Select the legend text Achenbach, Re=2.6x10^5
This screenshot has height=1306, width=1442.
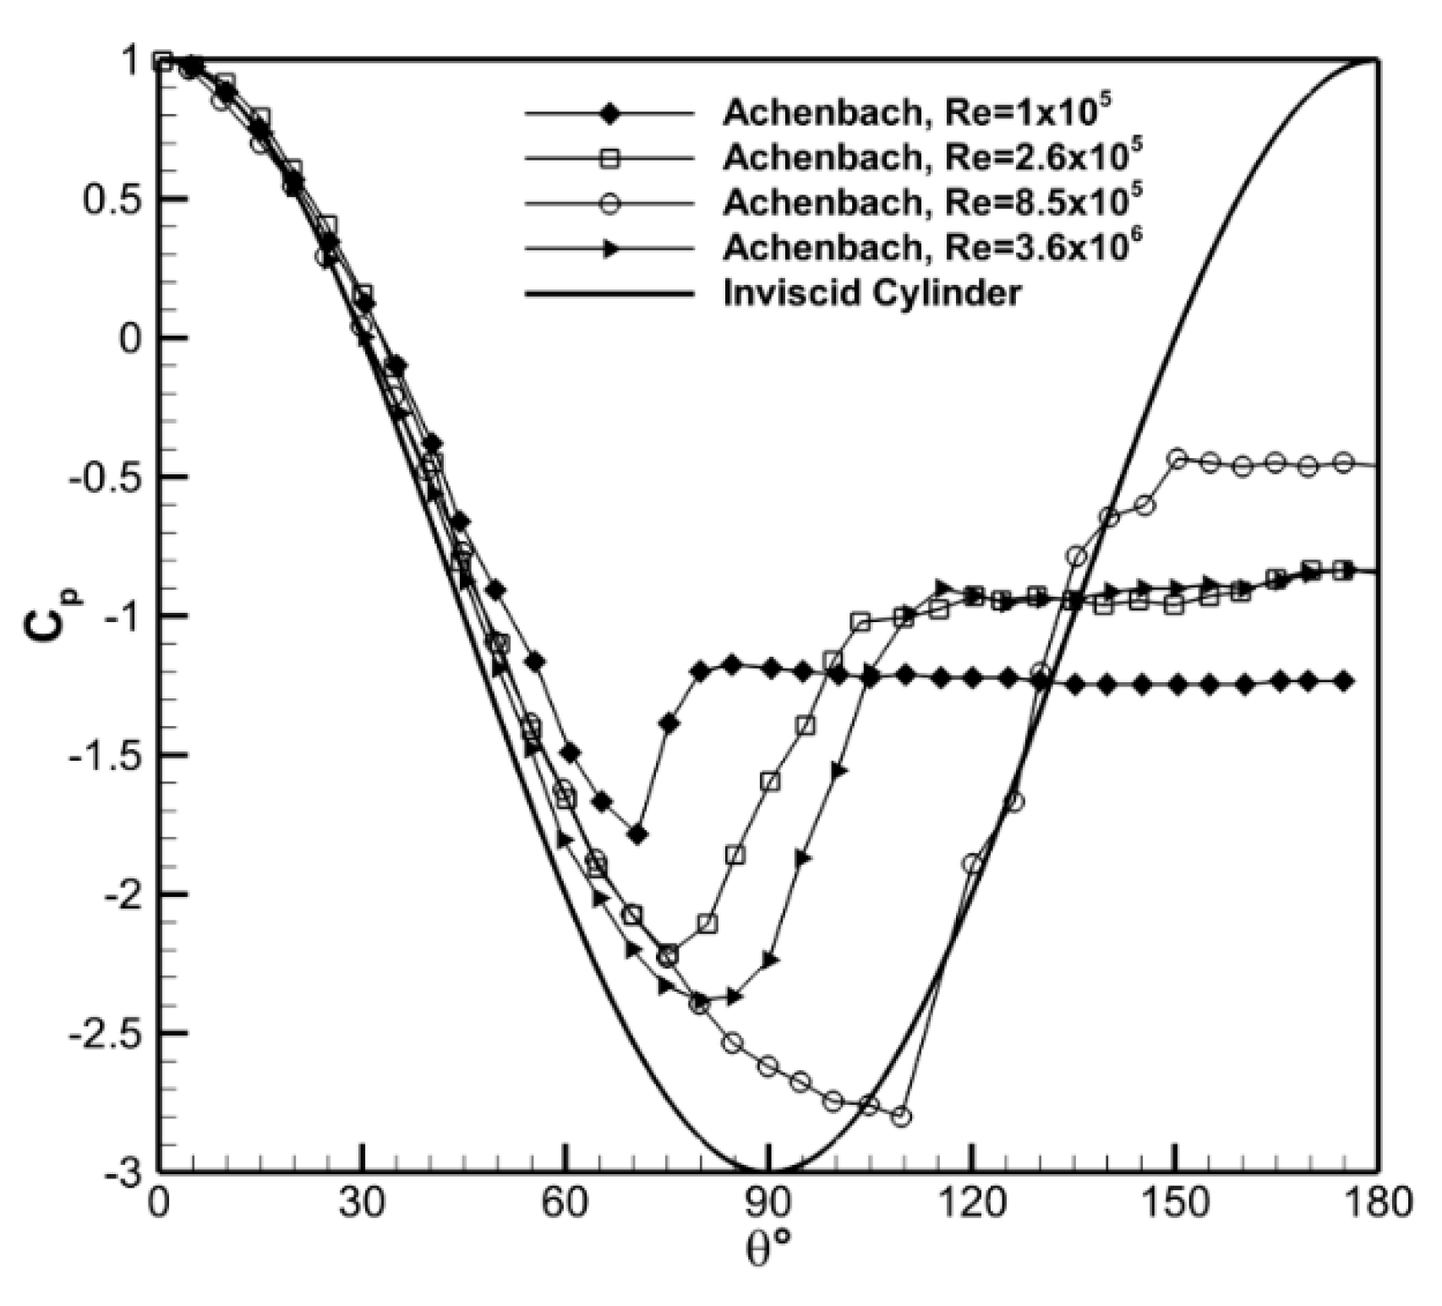point(933,157)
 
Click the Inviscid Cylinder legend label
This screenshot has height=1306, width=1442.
point(871,293)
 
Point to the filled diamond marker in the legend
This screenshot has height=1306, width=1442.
point(610,112)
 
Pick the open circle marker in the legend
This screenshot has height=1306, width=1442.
point(610,203)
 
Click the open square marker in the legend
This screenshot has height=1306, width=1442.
point(610,157)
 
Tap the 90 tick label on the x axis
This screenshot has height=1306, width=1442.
point(768,1204)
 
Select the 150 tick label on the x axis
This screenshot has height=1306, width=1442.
point(1175,1204)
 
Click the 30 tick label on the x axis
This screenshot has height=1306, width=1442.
point(363,1204)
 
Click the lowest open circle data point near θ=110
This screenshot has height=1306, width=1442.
point(902,1117)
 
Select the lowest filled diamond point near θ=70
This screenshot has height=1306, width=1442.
point(638,834)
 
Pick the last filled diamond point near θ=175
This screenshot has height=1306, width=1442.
point(1344,681)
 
